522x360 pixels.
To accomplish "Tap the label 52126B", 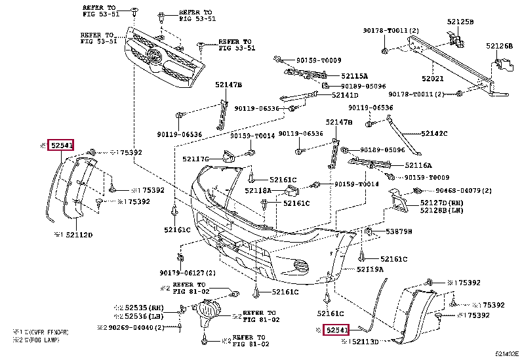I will point(500,46).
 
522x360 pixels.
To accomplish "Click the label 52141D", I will point(346,95).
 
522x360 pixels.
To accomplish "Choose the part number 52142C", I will point(434,133).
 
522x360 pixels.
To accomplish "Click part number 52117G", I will point(195,159).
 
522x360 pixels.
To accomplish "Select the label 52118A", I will point(258,190).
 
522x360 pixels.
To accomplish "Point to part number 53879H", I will point(398,231).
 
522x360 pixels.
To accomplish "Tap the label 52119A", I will point(371,269).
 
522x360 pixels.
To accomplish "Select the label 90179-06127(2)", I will point(187,273).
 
